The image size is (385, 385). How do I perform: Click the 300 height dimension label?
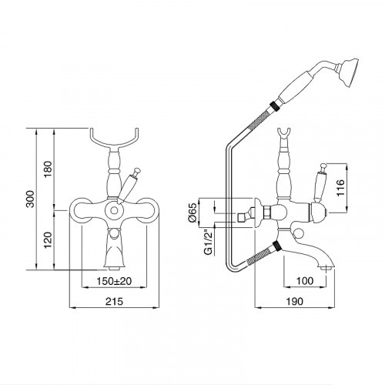(x=31, y=199)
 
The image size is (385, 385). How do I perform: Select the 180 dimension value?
(x=48, y=169)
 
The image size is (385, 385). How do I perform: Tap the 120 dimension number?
(x=48, y=239)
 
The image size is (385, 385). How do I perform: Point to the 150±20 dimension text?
(x=114, y=281)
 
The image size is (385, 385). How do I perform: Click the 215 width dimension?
(x=115, y=301)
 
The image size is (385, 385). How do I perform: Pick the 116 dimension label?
(x=340, y=188)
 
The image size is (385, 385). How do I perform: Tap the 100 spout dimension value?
(x=305, y=281)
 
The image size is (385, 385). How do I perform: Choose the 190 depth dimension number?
(x=294, y=301)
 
